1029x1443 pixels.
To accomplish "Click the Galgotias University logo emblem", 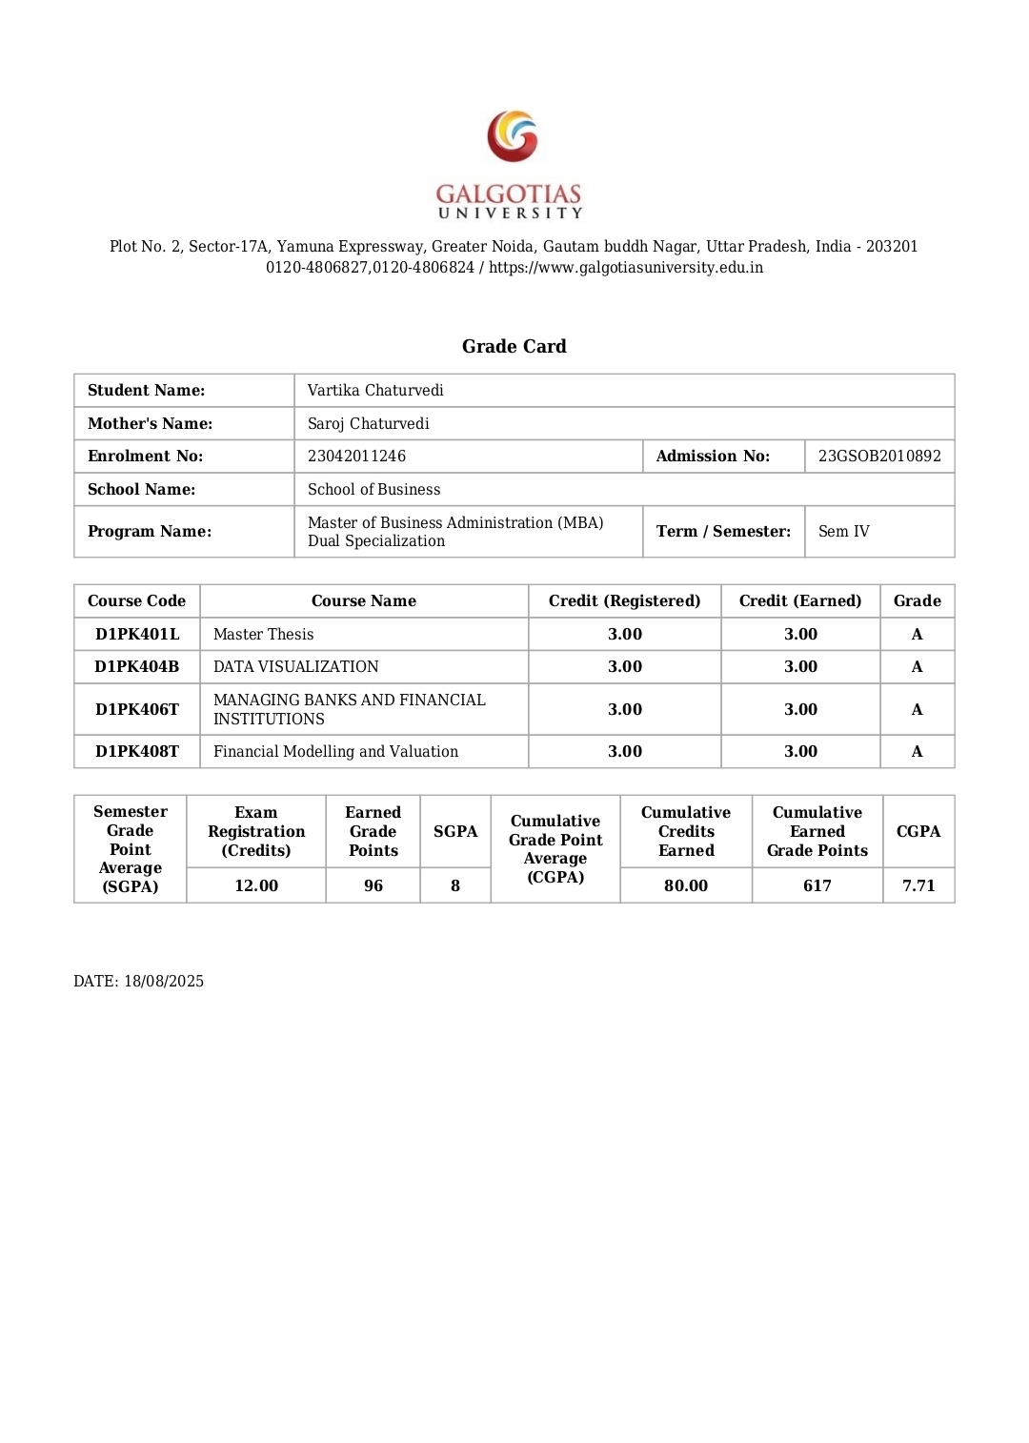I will pyautogui.click(x=513, y=136).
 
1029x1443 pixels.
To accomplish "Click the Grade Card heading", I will pyautogui.click(x=514, y=346).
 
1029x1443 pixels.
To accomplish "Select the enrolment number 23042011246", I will pyautogui.click(x=356, y=456).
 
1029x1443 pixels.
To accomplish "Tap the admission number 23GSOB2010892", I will pyautogui.click(x=878, y=456).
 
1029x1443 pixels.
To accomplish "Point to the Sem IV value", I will pyautogui.click(x=843, y=531).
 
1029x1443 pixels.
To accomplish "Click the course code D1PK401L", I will pyautogui.click(x=137, y=634).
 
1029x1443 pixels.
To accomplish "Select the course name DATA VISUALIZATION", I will pyautogui.click(x=295, y=666).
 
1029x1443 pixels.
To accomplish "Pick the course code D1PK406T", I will pyautogui.click(x=137, y=709).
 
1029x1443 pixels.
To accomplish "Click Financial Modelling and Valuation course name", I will pyautogui.click(x=335, y=751).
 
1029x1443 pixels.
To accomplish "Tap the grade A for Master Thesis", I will pyautogui.click(x=917, y=634).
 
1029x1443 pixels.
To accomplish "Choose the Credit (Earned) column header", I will pyautogui.click(x=799, y=600).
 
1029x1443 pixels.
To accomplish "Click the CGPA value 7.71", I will pyautogui.click(x=918, y=885).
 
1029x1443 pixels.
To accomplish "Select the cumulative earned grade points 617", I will pyautogui.click(x=817, y=885).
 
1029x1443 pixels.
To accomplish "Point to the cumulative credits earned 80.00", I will pyautogui.click(x=685, y=885).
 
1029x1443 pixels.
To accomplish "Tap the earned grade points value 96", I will pyautogui.click(x=373, y=885).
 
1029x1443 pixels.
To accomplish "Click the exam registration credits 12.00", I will pyautogui.click(x=256, y=885).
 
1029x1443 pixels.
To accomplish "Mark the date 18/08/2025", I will pyautogui.click(x=163, y=981).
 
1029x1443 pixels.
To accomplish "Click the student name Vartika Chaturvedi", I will pyautogui.click(x=375, y=390).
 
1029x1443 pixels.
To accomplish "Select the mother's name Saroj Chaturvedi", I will pyautogui.click(x=368, y=423).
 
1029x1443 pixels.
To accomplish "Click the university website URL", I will pyautogui.click(x=625, y=267).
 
